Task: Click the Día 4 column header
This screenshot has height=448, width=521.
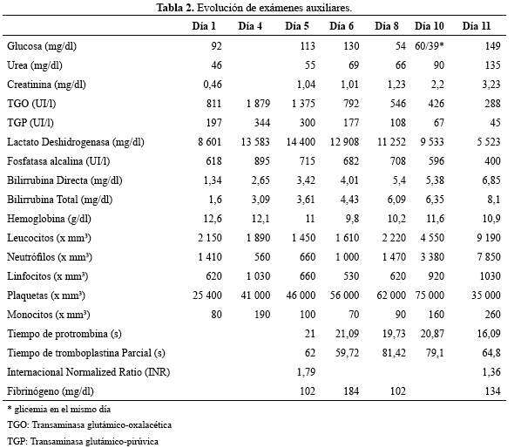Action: [x=250, y=26]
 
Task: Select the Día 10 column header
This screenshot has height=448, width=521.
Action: [x=430, y=26]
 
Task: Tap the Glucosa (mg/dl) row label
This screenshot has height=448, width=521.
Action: [x=42, y=46]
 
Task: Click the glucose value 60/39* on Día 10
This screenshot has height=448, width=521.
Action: [x=430, y=45]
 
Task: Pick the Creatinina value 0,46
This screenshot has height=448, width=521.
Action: [x=213, y=85]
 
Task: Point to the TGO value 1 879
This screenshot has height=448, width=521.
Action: [x=258, y=104]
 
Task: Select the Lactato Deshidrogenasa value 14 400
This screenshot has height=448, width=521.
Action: [x=301, y=142]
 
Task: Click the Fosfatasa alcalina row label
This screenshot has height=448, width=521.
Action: [x=58, y=161]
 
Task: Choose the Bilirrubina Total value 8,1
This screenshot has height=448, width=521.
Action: [x=492, y=200]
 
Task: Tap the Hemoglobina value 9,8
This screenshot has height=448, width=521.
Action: [x=351, y=219]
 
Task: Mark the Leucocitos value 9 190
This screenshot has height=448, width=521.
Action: [x=489, y=238]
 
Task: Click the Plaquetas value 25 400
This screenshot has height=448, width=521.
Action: [x=207, y=295]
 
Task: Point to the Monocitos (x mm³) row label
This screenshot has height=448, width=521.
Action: [x=49, y=315]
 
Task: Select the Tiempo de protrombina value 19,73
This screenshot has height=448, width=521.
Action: [x=394, y=334]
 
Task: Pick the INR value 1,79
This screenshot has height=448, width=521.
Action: [x=306, y=372]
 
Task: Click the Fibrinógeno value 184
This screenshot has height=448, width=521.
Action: [x=351, y=391]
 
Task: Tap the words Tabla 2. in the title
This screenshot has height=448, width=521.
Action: [x=175, y=8]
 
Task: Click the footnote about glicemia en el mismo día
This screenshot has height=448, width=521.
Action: [x=59, y=409]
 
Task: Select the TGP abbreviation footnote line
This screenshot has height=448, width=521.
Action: [x=83, y=441]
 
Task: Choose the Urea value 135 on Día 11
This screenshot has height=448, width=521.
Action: [x=492, y=65]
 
